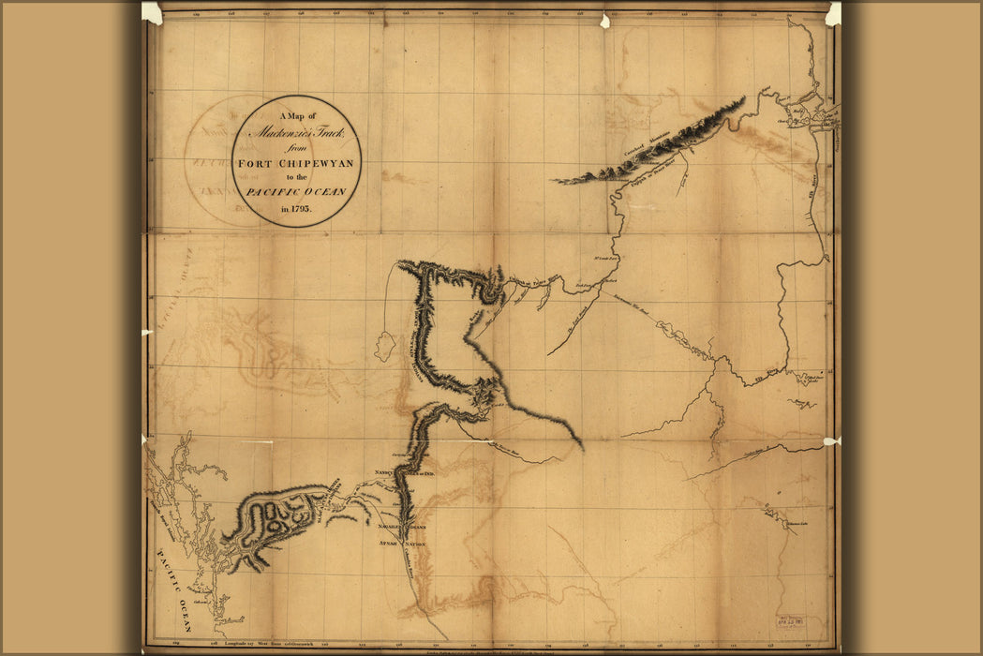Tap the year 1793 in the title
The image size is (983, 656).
coord(296,208)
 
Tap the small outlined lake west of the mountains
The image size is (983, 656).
coord(384,345)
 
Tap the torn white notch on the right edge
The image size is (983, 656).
coord(831,440)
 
